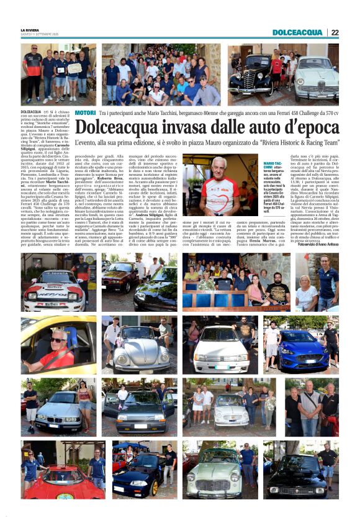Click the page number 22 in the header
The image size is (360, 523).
(334, 32)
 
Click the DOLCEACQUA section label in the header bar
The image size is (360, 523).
(297, 32)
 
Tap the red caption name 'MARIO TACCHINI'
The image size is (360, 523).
(274, 165)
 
